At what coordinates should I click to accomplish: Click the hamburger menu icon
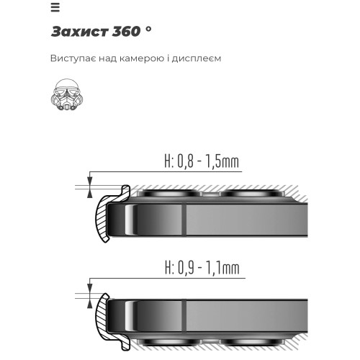55,8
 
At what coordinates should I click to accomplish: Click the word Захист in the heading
79,32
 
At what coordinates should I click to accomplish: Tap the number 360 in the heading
126,32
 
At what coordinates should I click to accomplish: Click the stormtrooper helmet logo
67,95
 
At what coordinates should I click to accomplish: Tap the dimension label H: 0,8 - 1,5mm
202,161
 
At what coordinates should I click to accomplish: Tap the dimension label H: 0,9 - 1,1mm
202,268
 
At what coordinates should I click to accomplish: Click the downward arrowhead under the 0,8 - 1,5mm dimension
90,181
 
